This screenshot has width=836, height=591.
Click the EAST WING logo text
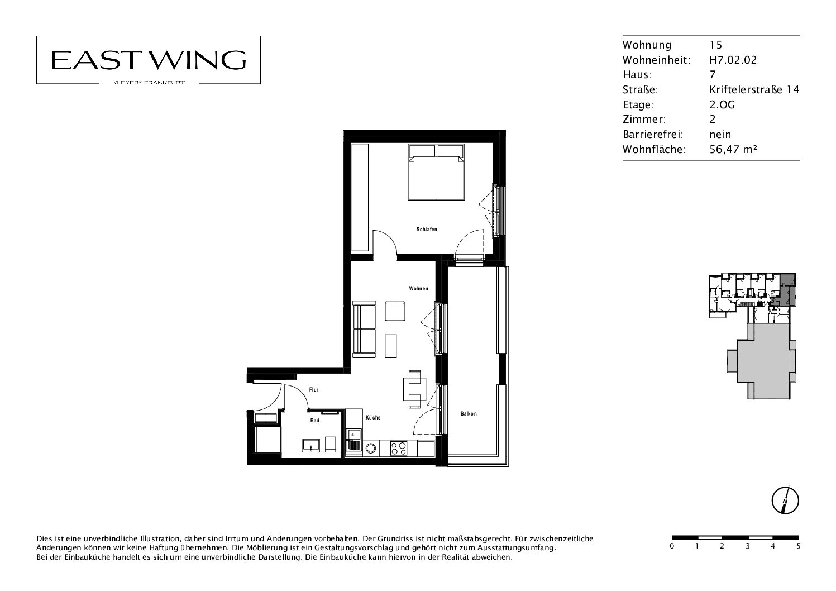[149, 60]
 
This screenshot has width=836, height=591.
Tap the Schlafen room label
[427, 229]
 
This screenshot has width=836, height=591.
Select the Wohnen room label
[418, 289]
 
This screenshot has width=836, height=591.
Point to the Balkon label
[469, 414]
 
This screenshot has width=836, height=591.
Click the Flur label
[313, 390]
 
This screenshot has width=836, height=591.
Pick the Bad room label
[314, 421]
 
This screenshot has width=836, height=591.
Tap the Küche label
[373, 417]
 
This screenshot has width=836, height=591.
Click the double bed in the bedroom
[436, 172]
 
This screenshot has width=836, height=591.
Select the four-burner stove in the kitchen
[399, 449]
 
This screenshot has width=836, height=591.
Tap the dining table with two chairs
[414, 389]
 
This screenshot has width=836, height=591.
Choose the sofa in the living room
[364, 329]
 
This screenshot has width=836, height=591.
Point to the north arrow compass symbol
[785, 501]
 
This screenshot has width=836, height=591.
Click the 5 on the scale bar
[799, 546]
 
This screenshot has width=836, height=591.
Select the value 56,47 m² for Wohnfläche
[733, 149]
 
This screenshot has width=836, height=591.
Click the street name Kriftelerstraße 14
[754, 89]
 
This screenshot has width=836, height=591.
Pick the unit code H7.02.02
[733, 60]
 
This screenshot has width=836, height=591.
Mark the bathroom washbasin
[311, 445]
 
